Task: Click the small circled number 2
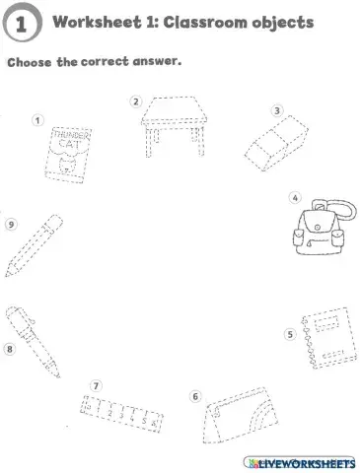pyautogui.click(x=136, y=100)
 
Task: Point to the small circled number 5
pyautogui.click(x=290, y=334)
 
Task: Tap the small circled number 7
pyautogui.click(x=96, y=384)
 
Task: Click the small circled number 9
pyautogui.click(x=11, y=224)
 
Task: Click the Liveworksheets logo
pyautogui.click(x=298, y=461)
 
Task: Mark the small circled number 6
pyautogui.click(x=195, y=397)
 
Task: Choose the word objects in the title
pyautogui.click(x=282, y=22)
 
